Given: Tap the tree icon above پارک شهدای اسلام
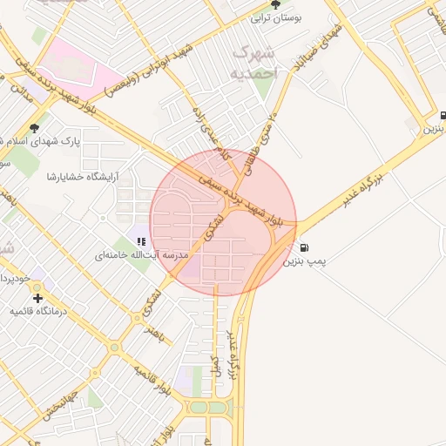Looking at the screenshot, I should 34,128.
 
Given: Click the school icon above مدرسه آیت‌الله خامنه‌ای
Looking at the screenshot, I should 141,241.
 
